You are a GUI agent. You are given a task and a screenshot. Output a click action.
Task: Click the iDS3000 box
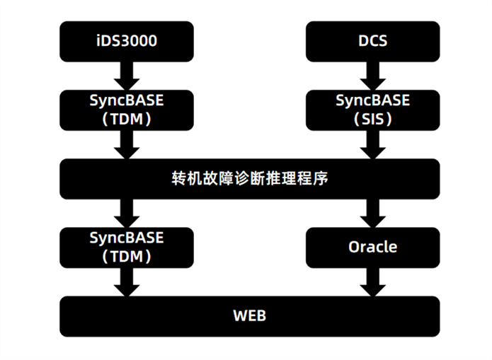127,42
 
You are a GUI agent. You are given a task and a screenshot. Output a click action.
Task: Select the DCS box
373,42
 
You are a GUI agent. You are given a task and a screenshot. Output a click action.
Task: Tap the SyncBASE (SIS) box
373,110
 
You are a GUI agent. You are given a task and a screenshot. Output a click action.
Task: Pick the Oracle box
373,248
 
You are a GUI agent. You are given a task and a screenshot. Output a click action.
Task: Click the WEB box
250,316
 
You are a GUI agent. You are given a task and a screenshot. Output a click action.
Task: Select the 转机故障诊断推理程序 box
250,179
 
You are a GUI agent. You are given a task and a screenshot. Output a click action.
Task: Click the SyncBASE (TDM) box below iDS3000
127,110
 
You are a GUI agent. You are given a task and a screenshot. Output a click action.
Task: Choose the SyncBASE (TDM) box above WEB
127,248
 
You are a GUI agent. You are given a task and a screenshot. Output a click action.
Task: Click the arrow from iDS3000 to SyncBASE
127,76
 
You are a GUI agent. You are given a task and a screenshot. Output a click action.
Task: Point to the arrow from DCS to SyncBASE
373,76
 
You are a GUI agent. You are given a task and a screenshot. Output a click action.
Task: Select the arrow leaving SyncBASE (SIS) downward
373,144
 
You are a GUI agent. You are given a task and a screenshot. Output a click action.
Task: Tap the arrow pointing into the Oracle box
373,213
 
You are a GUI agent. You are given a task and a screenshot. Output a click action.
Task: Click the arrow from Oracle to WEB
373,282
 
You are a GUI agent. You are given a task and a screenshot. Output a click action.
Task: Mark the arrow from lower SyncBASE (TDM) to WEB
127,282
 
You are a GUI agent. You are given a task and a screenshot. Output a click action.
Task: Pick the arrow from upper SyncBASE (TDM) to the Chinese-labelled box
127,144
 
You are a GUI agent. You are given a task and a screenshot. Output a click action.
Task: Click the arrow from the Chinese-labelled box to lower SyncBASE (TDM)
127,213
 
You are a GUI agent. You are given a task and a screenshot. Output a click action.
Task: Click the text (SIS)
373,119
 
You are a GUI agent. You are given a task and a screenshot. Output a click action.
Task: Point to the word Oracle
373,247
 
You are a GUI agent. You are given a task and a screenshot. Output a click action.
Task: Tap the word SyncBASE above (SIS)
373,101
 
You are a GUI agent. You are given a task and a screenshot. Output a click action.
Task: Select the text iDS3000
127,41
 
